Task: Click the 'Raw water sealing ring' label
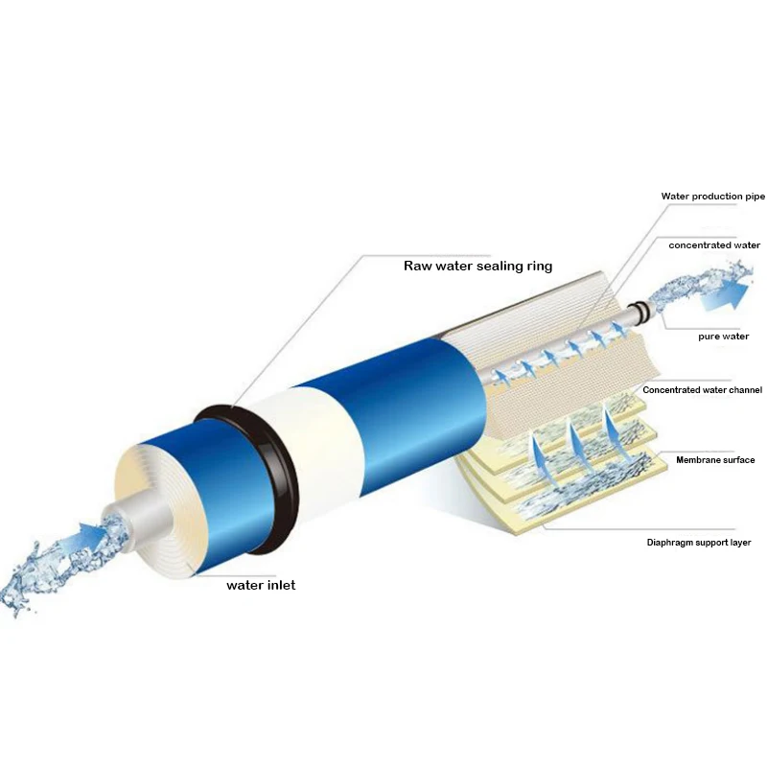tap(476, 266)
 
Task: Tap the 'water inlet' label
tap(261, 585)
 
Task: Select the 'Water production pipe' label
tap(712, 197)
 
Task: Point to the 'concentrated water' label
tap(714, 245)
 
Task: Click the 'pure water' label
tap(723, 337)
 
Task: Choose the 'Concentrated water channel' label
tap(702, 390)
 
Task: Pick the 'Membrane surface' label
tap(714, 460)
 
